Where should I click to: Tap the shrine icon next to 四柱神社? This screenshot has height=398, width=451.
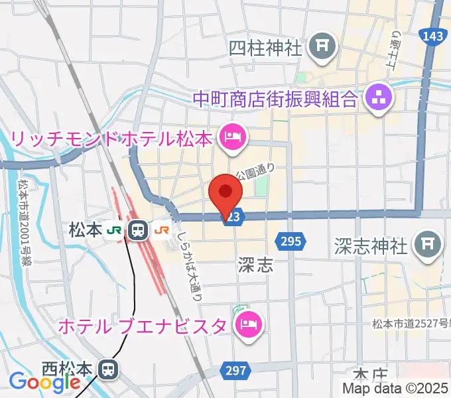[324, 46]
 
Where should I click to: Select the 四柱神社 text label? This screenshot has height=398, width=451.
[265, 48]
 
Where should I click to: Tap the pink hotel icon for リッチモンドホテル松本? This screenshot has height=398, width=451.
[232, 139]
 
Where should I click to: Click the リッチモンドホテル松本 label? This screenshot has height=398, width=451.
[111, 140]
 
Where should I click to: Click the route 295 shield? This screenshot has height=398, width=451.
[292, 242]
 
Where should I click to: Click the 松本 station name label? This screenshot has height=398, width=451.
[86, 230]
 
